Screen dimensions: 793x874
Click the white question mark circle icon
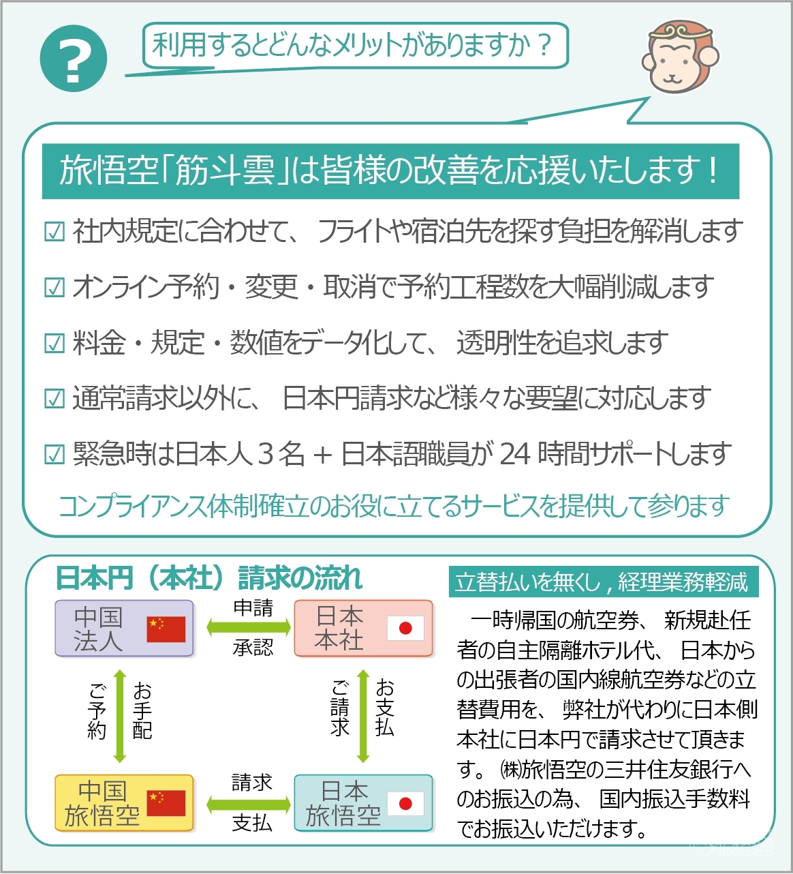click(73, 58)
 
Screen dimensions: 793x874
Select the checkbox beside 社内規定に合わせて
click(55, 231)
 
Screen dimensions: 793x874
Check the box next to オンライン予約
click(55, 288)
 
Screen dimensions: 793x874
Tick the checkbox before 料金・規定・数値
click(55, 344)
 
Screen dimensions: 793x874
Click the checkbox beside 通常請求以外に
click(55, 399)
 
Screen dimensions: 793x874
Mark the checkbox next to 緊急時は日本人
click(55, 455)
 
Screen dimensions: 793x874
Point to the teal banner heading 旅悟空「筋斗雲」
click(390, 171)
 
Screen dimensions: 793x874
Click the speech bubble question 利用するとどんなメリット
click(355, 45)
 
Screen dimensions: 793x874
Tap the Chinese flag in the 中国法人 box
click(166, 629)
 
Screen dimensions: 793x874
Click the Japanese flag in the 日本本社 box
click(405, 628)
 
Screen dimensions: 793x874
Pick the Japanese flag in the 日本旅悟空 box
click(405, 803)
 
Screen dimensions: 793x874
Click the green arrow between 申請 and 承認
click(249, 627)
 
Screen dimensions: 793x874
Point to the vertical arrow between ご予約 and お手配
click(120, 717)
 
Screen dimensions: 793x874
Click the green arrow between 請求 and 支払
click(249, 804)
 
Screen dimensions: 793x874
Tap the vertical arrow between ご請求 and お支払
click(362, 717)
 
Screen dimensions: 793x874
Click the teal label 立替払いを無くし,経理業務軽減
click(604, 582)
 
